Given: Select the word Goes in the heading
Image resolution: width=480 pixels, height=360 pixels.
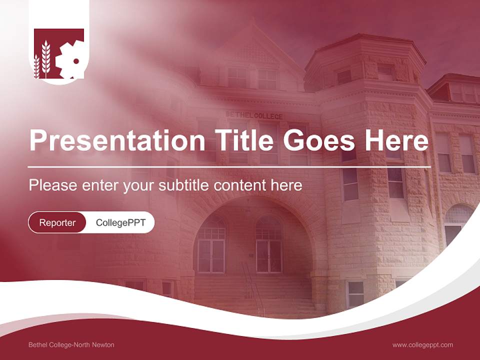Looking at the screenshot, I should pyautogui.click(x=320, y=140).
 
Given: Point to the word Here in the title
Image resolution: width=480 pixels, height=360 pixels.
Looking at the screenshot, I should pyautogui.click(x=396, y=140).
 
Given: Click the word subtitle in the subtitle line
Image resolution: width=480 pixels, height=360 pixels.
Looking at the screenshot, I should pyautogui.click(x=184, y=185).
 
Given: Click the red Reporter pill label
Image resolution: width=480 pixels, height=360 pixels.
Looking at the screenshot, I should pyautogui.click(x=57, y=222).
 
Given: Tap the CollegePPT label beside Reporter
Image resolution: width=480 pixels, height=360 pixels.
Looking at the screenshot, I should pyautogui.click(x=120, y=222).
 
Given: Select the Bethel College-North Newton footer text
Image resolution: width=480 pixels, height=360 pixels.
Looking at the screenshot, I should pyautogui.click(x=71, y=345).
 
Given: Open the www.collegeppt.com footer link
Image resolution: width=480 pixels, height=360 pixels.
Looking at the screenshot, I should pyautogui.click(x=422, y=345).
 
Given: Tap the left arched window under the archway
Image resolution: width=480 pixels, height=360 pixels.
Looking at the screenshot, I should pyautogui.click(x=211, y=245).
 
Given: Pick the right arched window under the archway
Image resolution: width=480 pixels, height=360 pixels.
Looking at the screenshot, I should pyautogui.click(x=269, y=245).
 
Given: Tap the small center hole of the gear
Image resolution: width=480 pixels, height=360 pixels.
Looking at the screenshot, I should pyautogui.click(x=76, y=61).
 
